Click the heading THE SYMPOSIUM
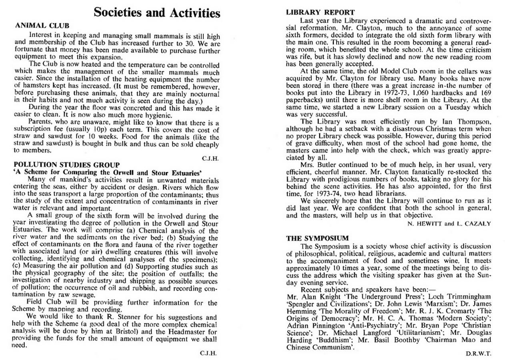pyautogui.click(x=317, y=238)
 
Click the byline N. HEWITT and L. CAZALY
pyautogui.click(x=449, y=224)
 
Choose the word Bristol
pyautogui.click(x=122, y=332)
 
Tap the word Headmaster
pyautogui.click(x=182, y=332)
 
